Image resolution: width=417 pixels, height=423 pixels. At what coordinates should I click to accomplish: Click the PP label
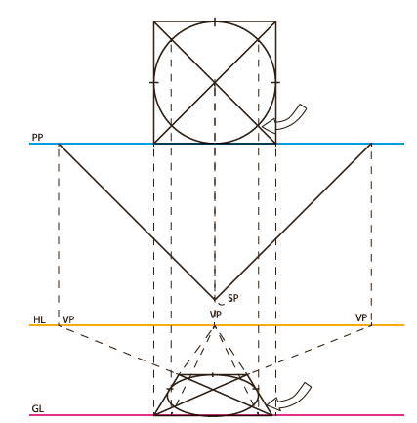(37, 137)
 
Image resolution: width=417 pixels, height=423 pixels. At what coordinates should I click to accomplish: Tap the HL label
(39, 319)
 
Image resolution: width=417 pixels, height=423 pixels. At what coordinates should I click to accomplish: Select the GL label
(38, 408)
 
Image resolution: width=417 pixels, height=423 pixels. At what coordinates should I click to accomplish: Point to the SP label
(233, 298)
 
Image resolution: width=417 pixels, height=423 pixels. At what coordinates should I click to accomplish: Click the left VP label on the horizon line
(68, 319)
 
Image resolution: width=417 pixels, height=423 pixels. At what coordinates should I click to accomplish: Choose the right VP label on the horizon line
(361, 317)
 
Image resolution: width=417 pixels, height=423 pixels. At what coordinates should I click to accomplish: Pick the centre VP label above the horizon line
(216, 315)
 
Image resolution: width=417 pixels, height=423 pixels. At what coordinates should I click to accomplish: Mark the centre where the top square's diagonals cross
(215, 82)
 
